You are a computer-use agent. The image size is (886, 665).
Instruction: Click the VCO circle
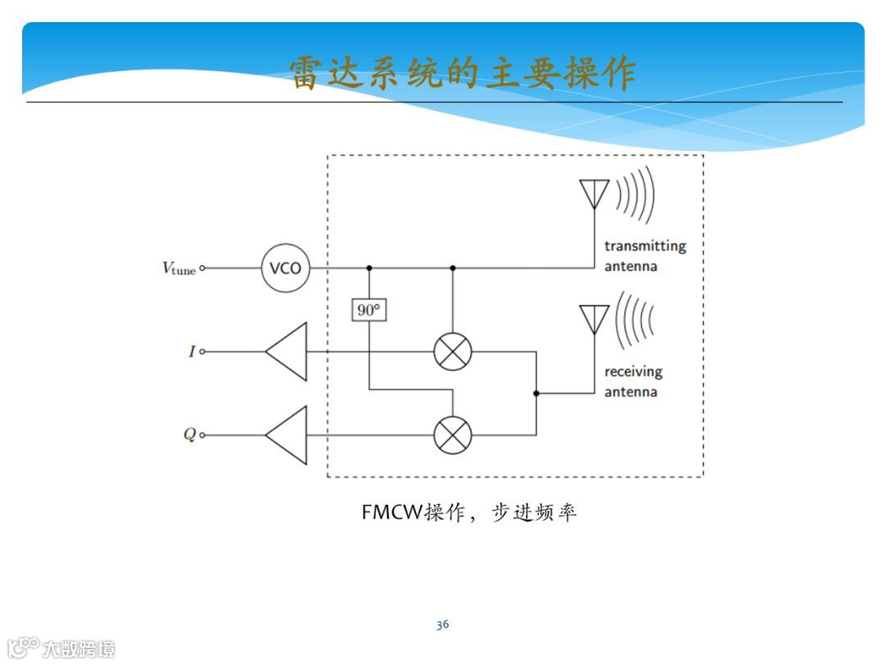coord(285,268)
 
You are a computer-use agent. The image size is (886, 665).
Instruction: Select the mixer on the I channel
coord(453,351)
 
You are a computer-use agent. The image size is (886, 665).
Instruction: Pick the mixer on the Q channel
coord(453,434)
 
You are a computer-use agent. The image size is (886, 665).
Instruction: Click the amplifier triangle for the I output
coord(286,351)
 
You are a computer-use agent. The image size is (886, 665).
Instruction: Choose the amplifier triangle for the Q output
coord(286,434)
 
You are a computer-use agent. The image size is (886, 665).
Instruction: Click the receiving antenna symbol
coord(594,319)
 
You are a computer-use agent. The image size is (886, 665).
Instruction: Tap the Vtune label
coord(178,268)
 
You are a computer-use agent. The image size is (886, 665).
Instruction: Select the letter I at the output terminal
coord(192,351)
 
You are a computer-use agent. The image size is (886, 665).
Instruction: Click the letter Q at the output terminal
coord(190,434)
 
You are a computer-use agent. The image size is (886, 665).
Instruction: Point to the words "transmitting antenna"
coord(645,255)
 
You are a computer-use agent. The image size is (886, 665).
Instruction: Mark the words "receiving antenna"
coord(633,381)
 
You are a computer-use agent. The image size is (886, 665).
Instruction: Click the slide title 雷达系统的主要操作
coord(463,73)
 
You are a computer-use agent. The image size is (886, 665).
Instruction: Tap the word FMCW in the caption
coord(390,512)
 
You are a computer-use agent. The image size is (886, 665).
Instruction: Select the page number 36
coord(442,625)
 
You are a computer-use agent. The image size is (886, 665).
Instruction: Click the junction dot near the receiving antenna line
coord(536,393)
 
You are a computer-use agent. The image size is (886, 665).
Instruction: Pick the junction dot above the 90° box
coord(369,268)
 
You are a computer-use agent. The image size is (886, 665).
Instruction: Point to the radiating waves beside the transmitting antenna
coord(637,195)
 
